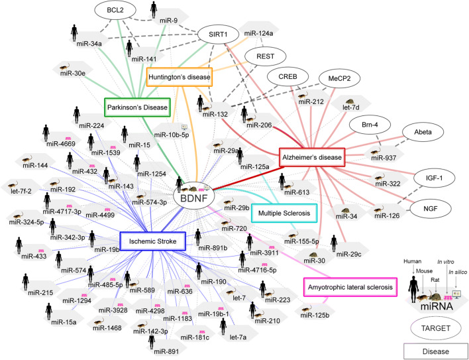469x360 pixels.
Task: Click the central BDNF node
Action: point(192,197)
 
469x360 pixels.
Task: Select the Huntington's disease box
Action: point(180,78)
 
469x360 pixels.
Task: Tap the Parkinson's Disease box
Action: point(138,106)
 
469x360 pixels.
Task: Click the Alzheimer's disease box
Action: point(313,157)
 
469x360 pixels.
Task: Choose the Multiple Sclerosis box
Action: point(284,212)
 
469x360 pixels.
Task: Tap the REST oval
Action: point(264,57)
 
